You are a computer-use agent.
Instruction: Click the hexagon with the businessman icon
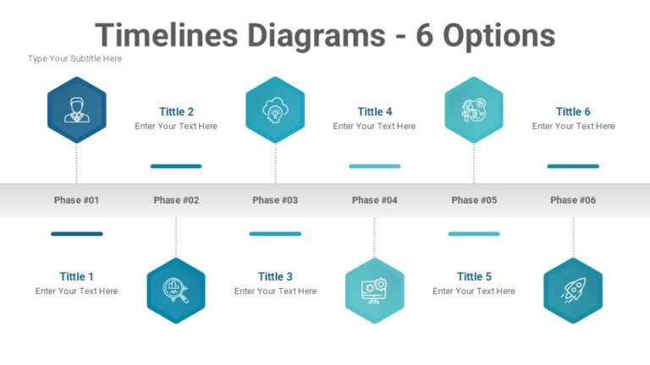tap(76, 110)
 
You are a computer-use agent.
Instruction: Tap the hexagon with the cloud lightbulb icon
tap(275, 110)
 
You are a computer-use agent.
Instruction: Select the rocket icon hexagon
tap(573, 291)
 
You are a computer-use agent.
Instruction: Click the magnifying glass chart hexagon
tap(176, 291)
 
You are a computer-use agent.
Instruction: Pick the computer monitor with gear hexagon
tap(374, 291)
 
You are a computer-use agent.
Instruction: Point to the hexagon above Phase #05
tap(473, 110)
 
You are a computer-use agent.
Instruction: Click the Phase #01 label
tap(76, 200)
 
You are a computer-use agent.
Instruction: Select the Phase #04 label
tap(374, 200)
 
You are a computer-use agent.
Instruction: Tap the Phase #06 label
tap(573, 200)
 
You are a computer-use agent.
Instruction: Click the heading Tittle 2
tap(176, 112)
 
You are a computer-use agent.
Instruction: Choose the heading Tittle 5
tap(474, 276)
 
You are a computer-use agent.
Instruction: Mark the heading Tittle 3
tap(275, 276)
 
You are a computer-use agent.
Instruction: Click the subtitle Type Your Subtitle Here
tap(74, 59)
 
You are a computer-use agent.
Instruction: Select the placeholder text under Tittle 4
tap(374, 127)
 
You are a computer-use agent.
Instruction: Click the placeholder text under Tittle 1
tap(76, 291)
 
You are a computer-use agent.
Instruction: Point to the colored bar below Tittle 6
tap(573, 166)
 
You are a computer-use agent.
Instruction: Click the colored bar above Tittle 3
tap(275, 234)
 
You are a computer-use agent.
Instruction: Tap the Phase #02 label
tap(176, 200)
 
